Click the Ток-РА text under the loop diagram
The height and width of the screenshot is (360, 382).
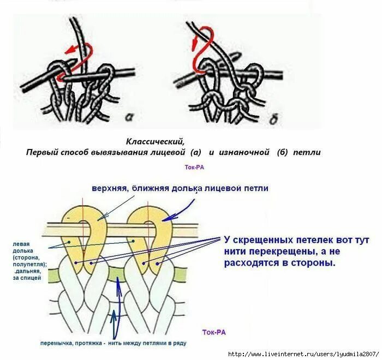214,332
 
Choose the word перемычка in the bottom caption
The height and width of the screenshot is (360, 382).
58,344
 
